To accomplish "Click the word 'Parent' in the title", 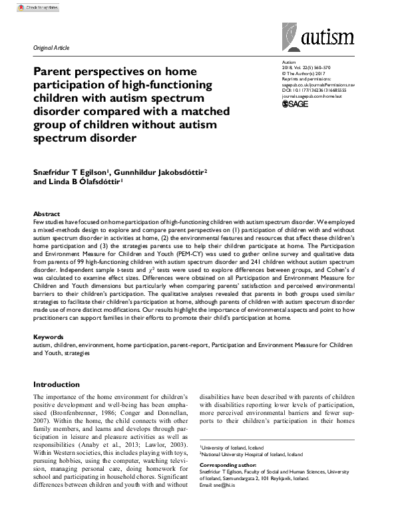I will pyautogui.click(x=53, y=72).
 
